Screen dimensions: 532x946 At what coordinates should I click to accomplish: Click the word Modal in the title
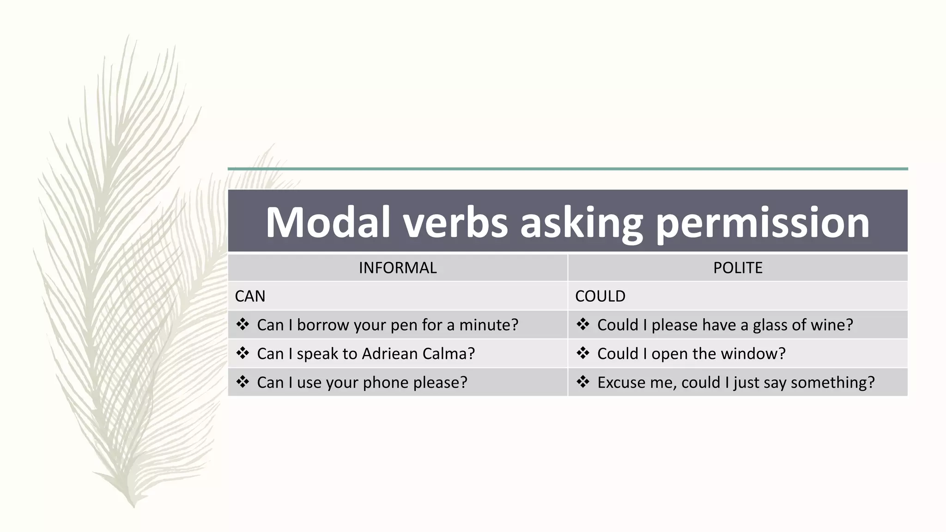point(328,223)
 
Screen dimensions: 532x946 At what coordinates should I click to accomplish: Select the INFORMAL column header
point(398,268)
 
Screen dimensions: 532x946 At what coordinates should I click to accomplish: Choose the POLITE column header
point(738,268)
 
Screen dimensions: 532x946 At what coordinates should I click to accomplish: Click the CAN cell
point(250,296)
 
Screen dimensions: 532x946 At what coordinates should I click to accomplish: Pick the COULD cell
point(600,296)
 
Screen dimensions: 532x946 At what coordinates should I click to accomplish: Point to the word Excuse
point(623,382)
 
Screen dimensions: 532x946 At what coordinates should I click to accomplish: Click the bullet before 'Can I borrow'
point(243,325)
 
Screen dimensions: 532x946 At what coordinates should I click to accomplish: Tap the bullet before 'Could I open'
point(583,353)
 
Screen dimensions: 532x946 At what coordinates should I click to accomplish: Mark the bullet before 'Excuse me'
point(583,382)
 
